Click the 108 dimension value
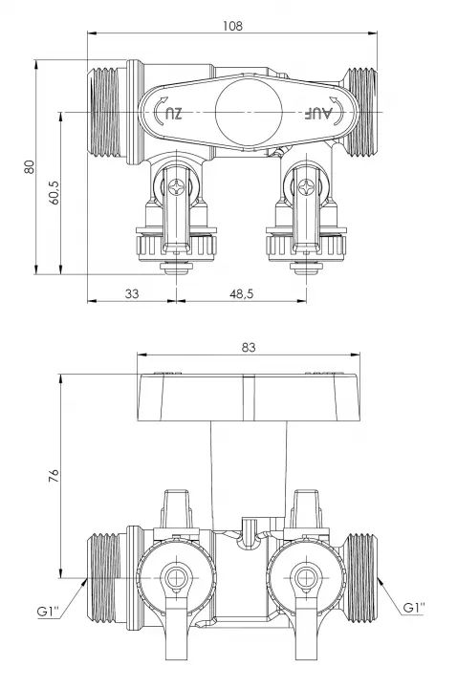tap(232, 26)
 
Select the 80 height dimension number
tap(29, 166)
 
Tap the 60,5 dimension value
tap(54, 193)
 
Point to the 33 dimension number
tap(132, 293)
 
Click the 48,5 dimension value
tap(242, 293)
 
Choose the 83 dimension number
tap(248, 347)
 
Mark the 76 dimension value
tap(54, 476)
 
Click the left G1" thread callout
tap(49, 611)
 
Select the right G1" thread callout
tap(414, 608)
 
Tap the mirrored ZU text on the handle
tap(173, 114)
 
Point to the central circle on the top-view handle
tap(249, 113)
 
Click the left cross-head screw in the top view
tap(177, 187)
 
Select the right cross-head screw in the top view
tap(307, 187)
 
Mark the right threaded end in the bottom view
tap(360, 577)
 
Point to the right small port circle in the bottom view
tap(307, 577)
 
